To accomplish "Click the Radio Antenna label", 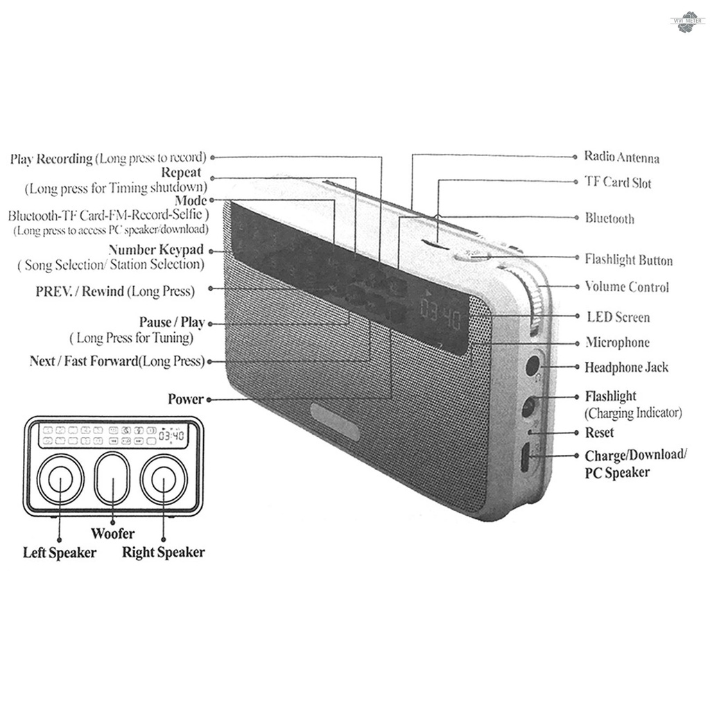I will point(621,158).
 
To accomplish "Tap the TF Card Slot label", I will point(618,183).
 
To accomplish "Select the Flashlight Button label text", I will point(628,260).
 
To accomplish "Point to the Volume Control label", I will point(627,286).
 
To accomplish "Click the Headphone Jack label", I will point(626,367).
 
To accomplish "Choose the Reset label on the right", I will point(599,433).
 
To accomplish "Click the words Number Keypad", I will point(156,250).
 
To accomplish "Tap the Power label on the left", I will point(186,399).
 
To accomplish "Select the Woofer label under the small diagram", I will point(113,534).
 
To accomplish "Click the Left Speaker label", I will point(60,553).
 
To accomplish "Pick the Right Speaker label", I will point(164,553).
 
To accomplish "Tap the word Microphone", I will point(617,342).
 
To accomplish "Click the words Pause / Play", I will point(172,323).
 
